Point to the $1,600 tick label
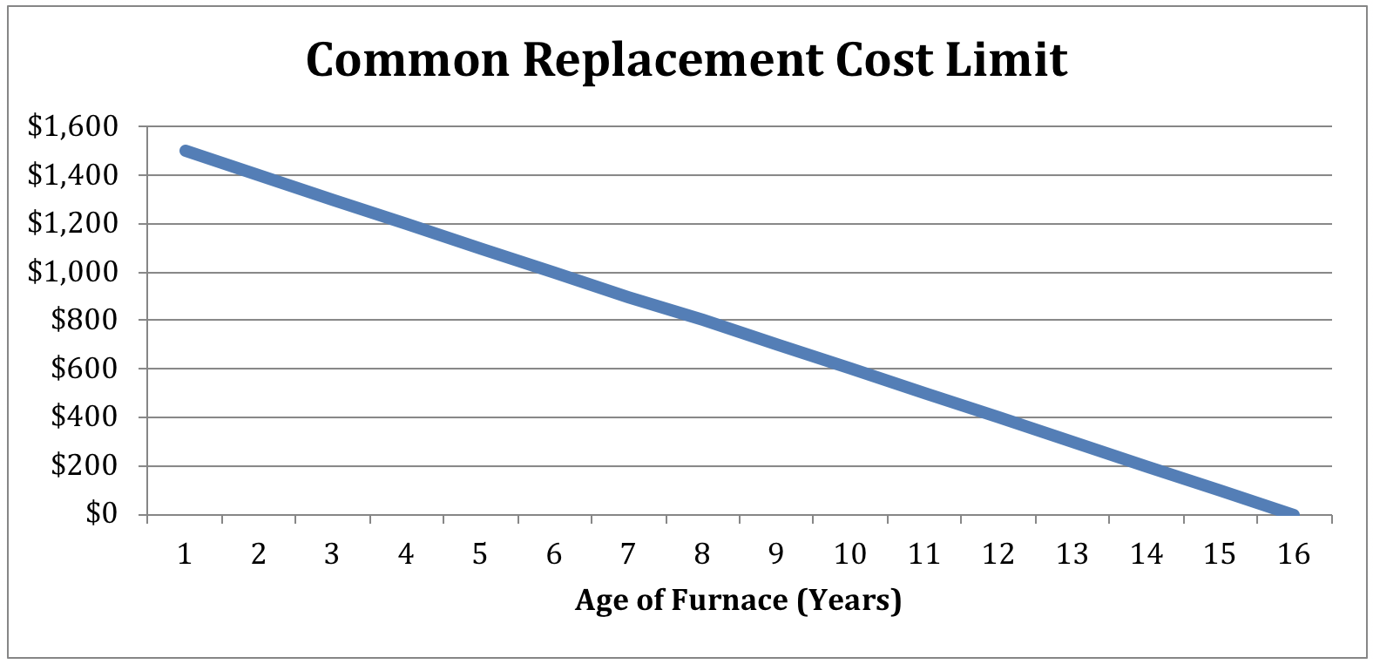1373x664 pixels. (x=72, y=127)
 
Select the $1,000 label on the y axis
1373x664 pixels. (x=72, y=273)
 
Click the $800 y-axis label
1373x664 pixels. (x=84, y=321)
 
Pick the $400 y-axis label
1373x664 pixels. (x=84, y=417)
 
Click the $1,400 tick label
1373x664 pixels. (x=72, y=176)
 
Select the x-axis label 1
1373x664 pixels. (x=184, y=554)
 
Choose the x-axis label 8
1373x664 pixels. (x=702, y=554)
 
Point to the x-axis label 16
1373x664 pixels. (x=1295, y=554)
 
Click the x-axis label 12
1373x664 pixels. (x=998, y=554)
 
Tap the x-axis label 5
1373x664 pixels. (x=480, y=554)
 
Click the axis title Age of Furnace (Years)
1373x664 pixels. (x=738, y=600)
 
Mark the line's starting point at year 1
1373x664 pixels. (x=185, y=151)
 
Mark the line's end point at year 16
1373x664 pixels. (x=1294, y=514)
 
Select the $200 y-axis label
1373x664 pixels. (x=84, y=466)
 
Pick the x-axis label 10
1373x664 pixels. (x=850, y=554)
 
